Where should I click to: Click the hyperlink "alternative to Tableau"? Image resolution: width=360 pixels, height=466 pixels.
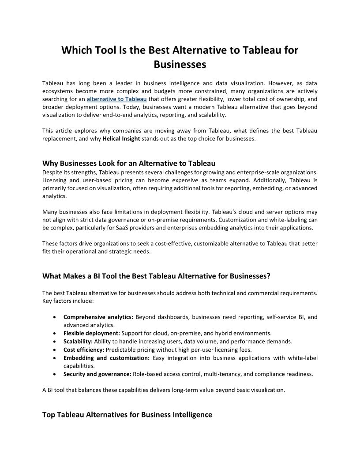tap(116, 99)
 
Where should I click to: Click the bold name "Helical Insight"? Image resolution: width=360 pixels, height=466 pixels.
tap(122, 139)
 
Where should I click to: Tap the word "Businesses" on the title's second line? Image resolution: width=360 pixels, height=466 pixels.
tap(180, 64)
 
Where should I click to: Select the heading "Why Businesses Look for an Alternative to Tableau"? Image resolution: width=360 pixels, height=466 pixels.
tap(128, 163)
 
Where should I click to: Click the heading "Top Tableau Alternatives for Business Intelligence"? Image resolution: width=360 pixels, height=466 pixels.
tap(127, 415)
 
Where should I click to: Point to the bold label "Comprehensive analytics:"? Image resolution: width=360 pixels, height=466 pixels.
tap(98, 317)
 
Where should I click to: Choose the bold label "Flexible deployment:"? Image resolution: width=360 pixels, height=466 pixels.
tap(92, 333)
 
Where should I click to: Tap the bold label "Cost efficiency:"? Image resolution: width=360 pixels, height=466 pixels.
tap(84, 349)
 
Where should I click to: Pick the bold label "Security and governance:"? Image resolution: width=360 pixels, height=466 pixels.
tap(97, 374)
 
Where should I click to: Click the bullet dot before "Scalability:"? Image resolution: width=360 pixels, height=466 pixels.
tap(54, 342)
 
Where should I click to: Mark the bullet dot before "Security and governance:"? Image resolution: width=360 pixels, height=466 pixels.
tap(54, 374)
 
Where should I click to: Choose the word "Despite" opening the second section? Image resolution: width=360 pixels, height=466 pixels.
tap(52, 172)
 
